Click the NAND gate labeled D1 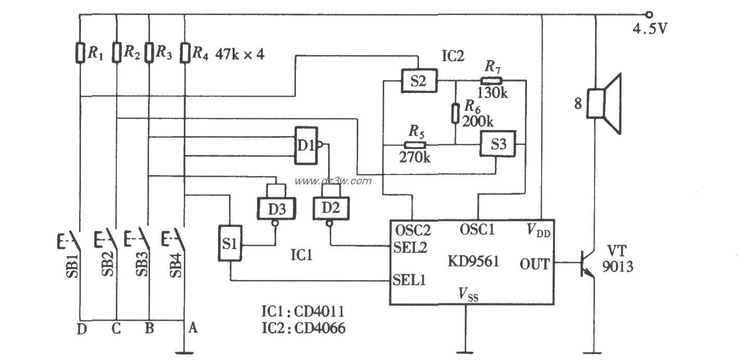point(306,145)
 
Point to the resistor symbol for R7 point(491,81)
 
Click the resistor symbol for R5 point(414,145)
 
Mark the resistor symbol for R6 point(455,112)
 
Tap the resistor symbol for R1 point(80,52)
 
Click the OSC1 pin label point(478,229)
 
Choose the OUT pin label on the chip point(534,264)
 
